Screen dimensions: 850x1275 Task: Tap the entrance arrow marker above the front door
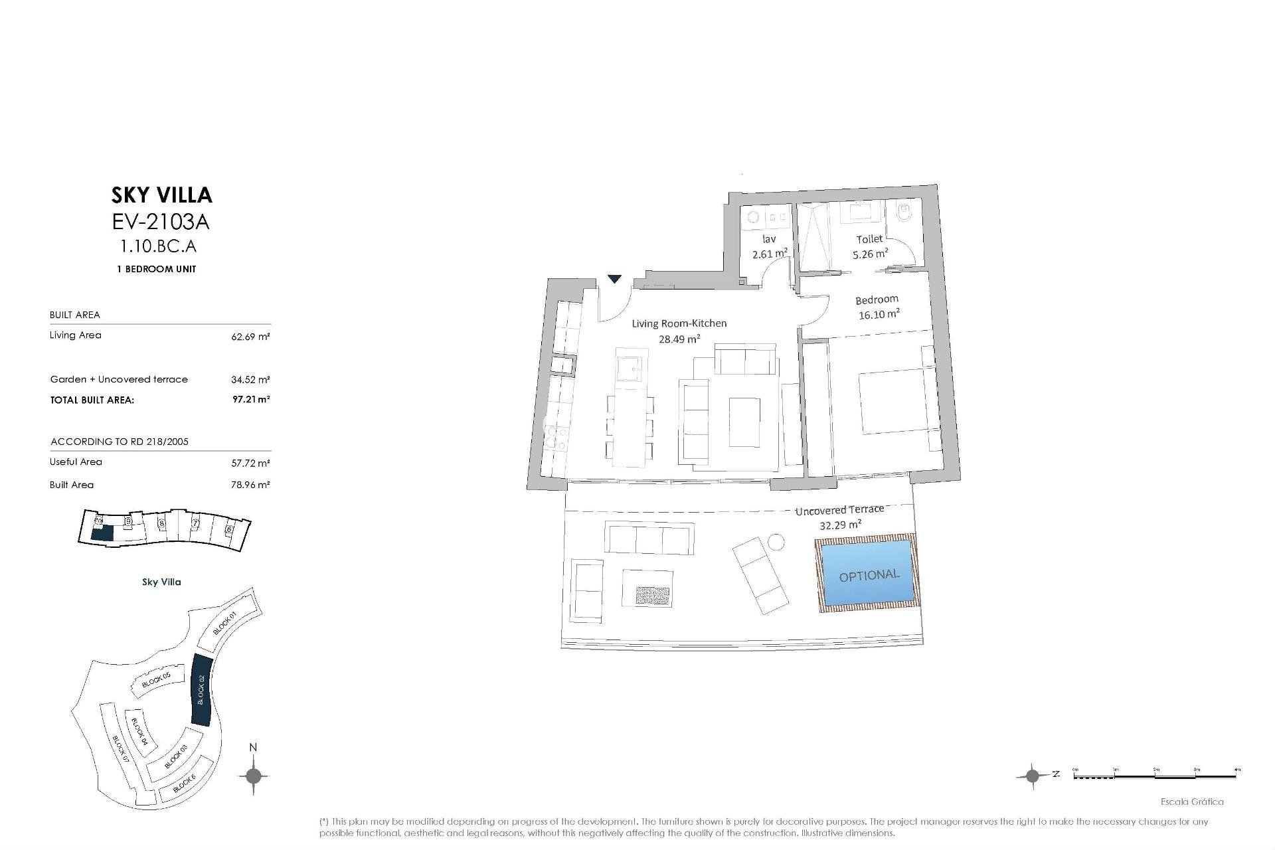coord(615,279)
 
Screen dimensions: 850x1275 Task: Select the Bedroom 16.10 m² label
coord(878,307)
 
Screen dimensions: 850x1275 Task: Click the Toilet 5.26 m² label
coord(870,246)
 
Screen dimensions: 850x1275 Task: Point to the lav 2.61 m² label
coord(770,246)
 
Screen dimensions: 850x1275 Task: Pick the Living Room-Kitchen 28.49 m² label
coord(679,331)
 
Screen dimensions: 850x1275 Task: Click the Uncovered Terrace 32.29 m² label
coord(840,517)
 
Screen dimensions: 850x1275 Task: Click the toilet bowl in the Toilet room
coord(904,213)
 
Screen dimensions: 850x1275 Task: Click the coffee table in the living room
coord(744,422)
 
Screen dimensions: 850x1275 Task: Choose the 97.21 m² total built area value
coord(251,400)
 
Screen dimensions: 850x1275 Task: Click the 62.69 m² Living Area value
coord(250,337)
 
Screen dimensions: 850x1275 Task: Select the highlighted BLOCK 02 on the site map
coord(201,690)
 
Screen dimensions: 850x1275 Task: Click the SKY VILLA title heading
coord(161,195)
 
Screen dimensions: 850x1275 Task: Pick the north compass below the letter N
coord(253,775)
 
